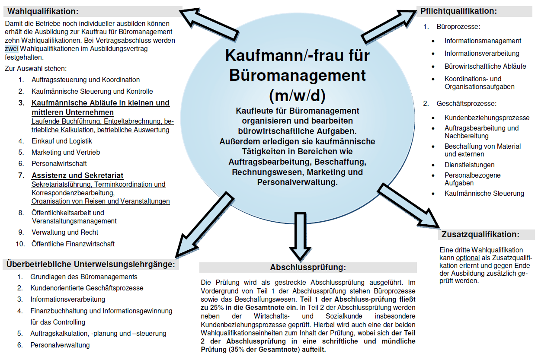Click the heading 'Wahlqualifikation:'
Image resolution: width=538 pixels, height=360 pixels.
43,11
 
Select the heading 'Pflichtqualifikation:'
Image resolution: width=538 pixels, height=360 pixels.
458,11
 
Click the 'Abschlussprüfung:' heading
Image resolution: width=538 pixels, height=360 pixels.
308,268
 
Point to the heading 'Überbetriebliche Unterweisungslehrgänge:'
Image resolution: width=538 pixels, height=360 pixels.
90,264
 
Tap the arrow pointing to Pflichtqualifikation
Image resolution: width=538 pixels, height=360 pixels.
387,26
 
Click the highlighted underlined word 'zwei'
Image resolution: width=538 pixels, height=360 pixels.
12,48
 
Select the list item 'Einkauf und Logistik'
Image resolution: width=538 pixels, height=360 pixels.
61,141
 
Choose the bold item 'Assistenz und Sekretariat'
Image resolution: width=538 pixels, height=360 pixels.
77,175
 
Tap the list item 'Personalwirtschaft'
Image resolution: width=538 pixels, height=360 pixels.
59,163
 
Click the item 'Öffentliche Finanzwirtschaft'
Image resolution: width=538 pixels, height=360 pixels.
73,244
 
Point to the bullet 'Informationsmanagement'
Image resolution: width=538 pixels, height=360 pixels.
483,41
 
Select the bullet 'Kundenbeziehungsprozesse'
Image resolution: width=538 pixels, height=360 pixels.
487,118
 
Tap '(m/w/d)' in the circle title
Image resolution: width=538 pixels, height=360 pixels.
297,95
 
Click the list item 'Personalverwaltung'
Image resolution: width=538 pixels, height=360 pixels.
60,345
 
